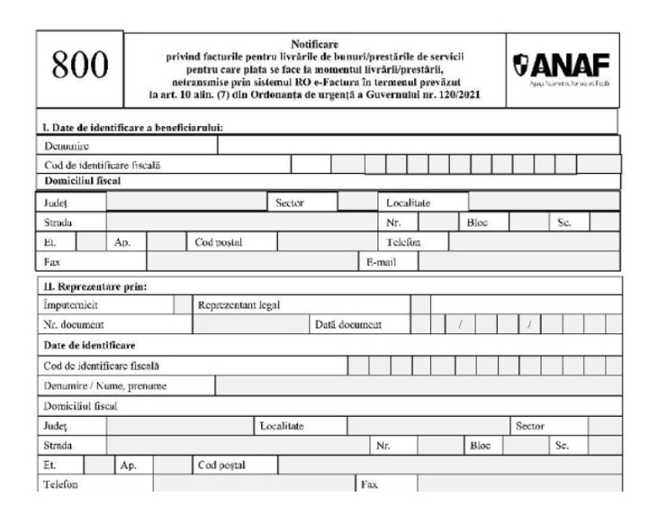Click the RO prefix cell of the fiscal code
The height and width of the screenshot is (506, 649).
coord(311,164)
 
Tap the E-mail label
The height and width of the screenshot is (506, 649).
coord(377,262)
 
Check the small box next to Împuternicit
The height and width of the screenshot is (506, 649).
coord(182,304)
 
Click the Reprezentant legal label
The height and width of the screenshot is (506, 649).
coord(239,304)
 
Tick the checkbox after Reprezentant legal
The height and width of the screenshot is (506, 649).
coord(419,304)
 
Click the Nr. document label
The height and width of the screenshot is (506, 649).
coord(74,324)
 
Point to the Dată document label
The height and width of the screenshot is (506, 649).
coord(348,324)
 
